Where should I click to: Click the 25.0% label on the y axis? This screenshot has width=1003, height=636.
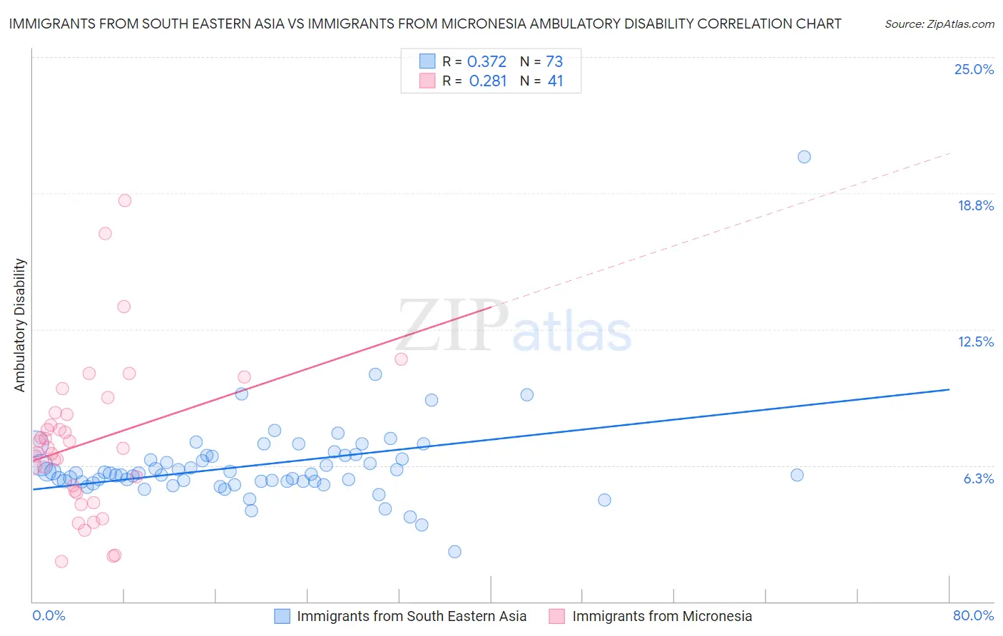pos(974,69)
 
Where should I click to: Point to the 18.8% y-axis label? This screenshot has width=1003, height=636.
pos(975,205)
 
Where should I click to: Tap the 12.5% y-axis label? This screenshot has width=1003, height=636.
pos(975,342)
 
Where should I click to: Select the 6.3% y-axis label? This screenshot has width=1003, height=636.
pos(978,478)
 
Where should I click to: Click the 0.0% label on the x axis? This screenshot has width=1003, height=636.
pos(49,615)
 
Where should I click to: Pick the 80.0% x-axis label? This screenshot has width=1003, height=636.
pos(973,615)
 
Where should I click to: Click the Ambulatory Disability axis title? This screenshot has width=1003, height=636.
pos(20,325)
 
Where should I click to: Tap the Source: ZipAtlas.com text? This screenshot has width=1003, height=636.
pos(939,24)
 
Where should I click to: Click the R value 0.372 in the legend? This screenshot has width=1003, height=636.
pos(487,62)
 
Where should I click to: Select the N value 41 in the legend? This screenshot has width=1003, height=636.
pos(555,81)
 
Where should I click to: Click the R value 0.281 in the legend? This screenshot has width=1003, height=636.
pos(487,81)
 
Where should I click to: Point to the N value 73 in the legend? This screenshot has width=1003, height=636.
pos(554,62)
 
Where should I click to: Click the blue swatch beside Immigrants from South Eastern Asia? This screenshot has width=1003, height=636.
pos(282,616)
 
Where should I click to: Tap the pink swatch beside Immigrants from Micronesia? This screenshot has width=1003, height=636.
pos(557,616)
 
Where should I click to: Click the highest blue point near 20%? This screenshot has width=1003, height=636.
pos(804,157)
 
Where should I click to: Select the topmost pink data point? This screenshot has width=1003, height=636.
pos(125,200)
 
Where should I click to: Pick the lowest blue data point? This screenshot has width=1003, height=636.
pos(454,551)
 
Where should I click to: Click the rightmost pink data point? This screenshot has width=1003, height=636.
pos(401,359)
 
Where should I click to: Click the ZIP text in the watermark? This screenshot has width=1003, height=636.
pos(452,327)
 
